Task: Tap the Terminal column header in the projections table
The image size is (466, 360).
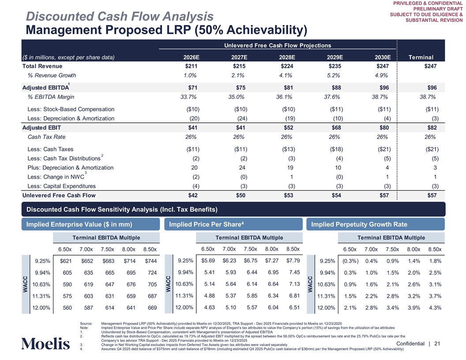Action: click(x=421, y=57)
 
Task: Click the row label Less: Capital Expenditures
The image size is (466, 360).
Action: click(x=61, y=186)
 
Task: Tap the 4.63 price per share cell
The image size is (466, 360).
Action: click(x=208, y=307)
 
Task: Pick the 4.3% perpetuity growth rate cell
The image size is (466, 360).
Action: click(x=434, y=308)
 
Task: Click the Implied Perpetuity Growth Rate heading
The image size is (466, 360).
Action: click(x=359, y=225)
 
